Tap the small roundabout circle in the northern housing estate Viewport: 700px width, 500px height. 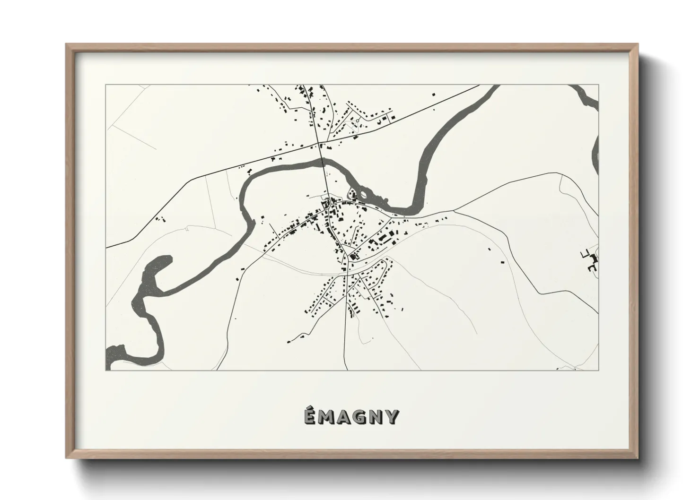click(x=358, y=121)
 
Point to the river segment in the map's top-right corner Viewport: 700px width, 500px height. click(x=585, y=96)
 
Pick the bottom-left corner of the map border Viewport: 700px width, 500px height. click(x=105, y=370)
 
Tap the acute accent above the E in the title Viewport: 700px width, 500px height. click(x=309, y=409)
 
